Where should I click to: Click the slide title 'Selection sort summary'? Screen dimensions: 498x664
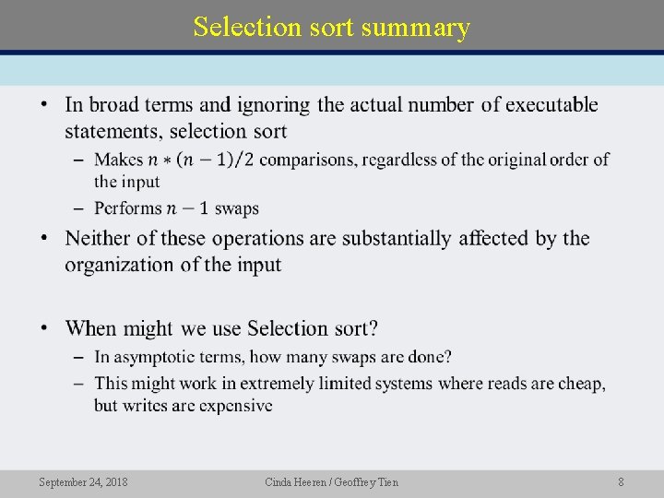[332, 27]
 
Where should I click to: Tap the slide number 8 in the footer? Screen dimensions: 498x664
[622, 481]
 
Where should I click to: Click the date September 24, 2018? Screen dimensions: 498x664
[83, 481]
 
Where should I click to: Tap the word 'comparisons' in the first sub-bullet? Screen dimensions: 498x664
[300, 160]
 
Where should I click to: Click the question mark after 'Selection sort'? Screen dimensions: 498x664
[373, 328]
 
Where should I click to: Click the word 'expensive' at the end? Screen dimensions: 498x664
[235, 406]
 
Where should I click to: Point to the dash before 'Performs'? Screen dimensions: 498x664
[78, 208]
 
